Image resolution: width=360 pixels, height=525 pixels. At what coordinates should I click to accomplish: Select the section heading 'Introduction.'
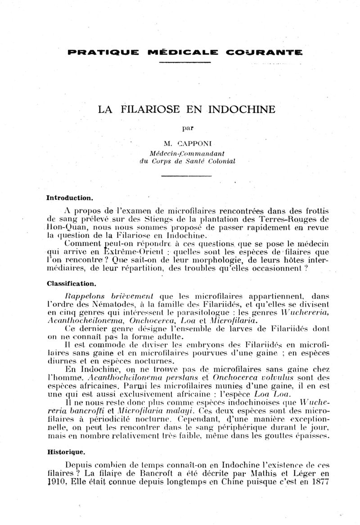70,197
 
